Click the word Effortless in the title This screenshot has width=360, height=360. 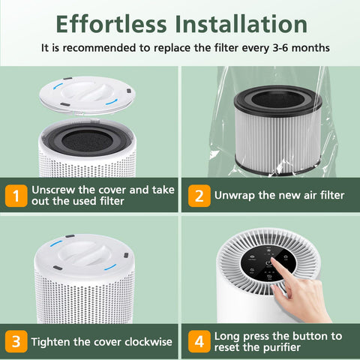(x=111, y=24)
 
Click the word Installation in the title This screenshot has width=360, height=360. (x=241, y=24)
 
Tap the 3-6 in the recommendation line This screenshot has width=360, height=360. (x=280, y=48)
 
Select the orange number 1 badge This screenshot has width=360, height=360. (x=16, y=196)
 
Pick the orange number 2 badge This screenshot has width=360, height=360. (x=199, y=196)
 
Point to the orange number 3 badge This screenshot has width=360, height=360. (x=16, y=341)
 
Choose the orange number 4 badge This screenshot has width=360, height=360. (x=199, y=341)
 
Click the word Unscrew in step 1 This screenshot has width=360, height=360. (x=53, y=190)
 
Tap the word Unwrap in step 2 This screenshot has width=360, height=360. (x=235, y=196)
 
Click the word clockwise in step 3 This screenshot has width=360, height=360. (x=148, y=342)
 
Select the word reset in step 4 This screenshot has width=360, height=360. (x=225, y=347)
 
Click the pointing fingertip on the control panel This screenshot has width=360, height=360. (x=273, y=260)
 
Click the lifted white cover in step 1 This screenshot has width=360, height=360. (x=87, y=95)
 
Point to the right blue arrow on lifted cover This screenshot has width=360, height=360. (x=112, y=102)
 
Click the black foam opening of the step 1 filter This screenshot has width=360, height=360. (x=87, y=141)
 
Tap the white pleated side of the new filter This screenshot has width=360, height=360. (x=277, y=141)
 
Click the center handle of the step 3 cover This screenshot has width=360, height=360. (x=85, y=253)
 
